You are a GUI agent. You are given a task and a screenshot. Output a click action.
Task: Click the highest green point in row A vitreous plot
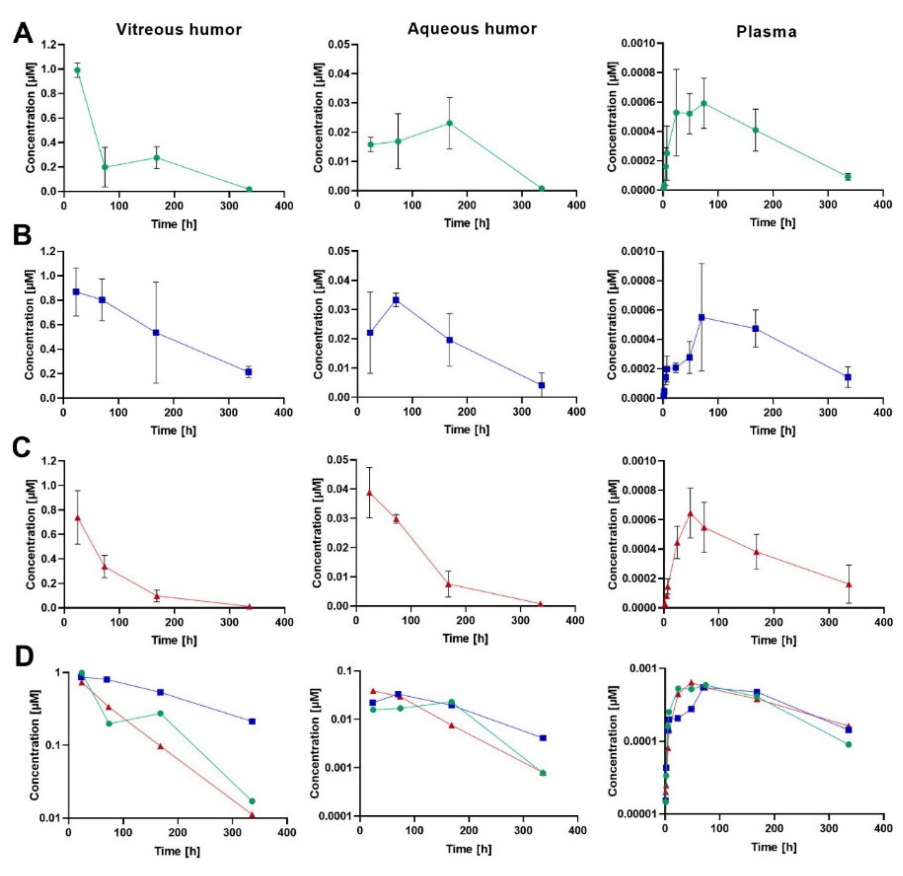(x=78, y=70)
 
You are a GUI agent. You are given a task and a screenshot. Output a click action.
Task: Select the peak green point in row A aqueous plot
(x=450, y=123)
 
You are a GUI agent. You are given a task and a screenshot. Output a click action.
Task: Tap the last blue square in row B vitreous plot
(x=248, y=371)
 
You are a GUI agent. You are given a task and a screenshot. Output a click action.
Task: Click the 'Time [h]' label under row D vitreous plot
(x=177, y=851)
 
